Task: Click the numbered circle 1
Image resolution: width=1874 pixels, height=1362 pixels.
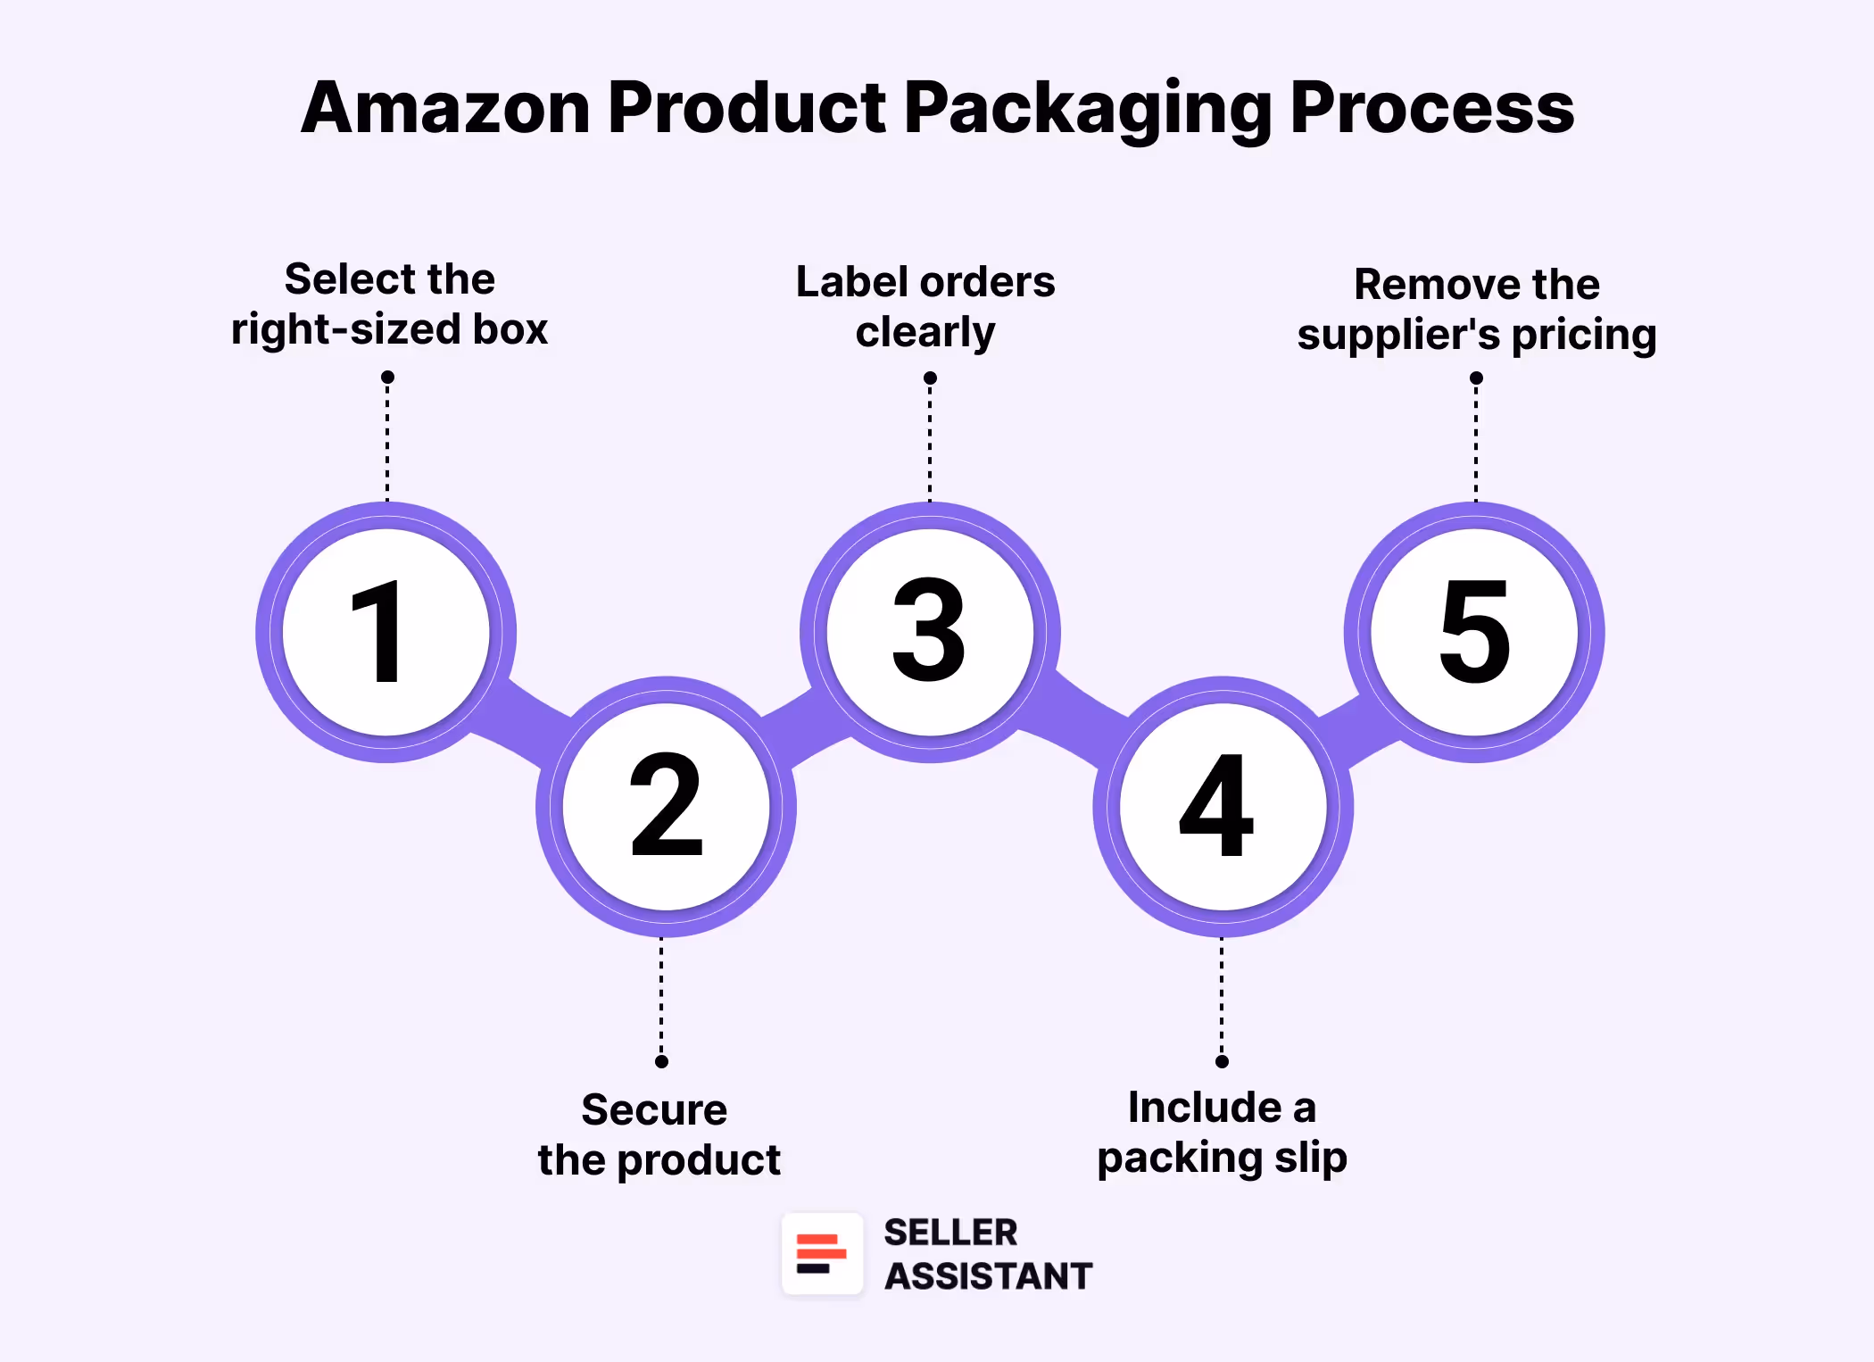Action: [x=386, y=632]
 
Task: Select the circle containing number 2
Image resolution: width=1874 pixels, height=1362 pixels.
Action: [x=666, y=807]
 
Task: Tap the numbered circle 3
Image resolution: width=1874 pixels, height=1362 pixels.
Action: [x=930, y=632]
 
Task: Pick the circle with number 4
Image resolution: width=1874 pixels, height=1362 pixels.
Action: [x=1223, y=807]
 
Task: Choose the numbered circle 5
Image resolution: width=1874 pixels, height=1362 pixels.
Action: [x=1474, y=632]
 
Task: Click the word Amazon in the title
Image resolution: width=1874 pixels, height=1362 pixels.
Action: [x=446, y=108]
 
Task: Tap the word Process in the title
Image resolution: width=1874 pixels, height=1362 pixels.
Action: [x=1431, y=108]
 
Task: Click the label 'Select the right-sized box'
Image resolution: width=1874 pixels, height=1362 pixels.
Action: [x=389, y=304]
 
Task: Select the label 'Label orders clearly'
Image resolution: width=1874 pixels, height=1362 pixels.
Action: [x=925, y=307]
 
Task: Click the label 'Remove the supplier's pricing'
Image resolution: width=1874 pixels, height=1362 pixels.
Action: [x=1477, y=310]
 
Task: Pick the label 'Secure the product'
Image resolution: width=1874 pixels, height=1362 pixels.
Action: [x=659, y=1134]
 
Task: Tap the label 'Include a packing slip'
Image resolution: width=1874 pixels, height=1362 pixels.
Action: [x=1222, y=1133]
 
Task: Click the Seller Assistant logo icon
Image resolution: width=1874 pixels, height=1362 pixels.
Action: [x=822, y=1253]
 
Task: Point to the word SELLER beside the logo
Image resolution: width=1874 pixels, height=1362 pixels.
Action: [x=950, y=1233]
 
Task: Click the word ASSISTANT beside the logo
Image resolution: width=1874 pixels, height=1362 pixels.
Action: [x=988, y=1276]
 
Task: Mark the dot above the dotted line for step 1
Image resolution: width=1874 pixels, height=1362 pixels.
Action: [x=387, y=378]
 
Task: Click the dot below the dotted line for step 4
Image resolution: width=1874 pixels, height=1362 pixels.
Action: [x=1222, y=1061]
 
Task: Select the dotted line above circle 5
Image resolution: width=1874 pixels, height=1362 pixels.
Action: [x=1476, y=442]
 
